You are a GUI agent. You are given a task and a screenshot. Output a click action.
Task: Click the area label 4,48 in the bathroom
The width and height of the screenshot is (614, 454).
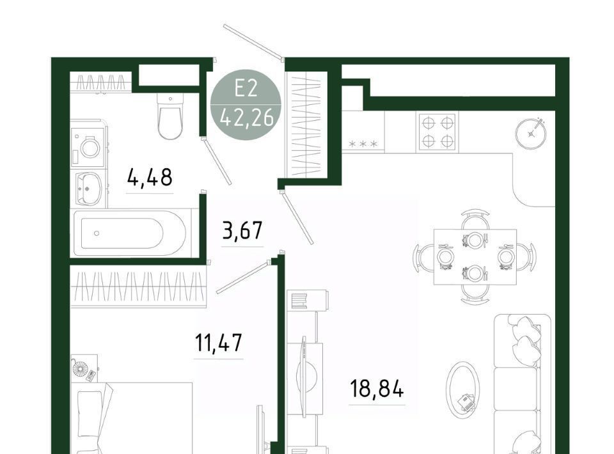point(150,178)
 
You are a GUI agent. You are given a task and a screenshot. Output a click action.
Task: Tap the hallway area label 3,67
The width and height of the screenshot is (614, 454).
point(242,230)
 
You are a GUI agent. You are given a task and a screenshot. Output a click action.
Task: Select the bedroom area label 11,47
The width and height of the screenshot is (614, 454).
point(219,343)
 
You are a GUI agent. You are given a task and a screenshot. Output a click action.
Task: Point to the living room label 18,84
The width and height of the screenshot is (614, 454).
point(377,389)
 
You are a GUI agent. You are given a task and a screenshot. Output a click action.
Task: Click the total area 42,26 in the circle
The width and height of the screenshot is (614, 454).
point(246,118)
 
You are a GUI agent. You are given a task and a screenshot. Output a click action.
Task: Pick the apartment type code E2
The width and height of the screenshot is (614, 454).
point(246,88)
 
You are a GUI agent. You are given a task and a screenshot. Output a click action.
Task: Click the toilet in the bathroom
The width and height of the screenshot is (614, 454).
point(170,116)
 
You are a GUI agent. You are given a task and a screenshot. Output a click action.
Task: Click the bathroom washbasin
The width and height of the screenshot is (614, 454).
point(88,189)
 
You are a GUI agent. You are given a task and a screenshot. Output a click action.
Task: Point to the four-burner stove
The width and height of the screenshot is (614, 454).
point(437,132)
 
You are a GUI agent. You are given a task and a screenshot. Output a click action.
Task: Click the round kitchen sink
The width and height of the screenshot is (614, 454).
point(531,133)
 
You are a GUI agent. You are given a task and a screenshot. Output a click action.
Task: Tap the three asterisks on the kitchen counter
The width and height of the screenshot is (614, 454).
point(363,144)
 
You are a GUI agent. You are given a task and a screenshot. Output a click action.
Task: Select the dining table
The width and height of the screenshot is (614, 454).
point(475,257)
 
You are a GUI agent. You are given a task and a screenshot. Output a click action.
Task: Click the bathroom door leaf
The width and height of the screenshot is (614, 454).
point(217,160)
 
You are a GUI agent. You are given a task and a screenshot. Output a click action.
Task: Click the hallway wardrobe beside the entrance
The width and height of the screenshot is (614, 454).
point(306,125)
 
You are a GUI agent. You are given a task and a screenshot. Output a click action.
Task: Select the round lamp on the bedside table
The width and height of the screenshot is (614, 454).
point(81,368)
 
